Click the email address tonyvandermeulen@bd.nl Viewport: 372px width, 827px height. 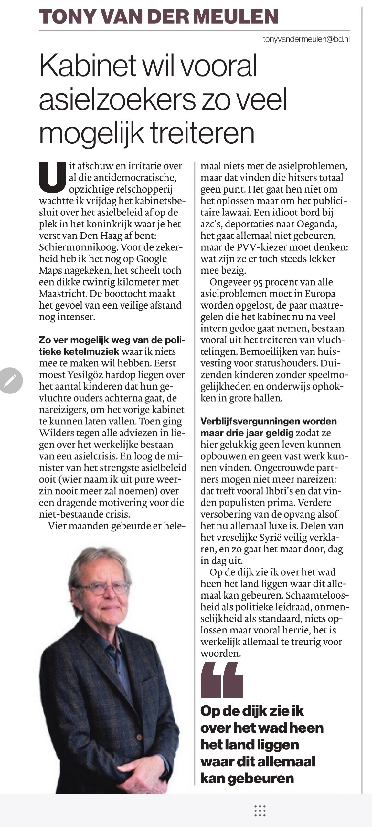pos(306,39)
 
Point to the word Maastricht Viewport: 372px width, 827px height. pos(63,294)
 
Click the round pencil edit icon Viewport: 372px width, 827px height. pos(11,380)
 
